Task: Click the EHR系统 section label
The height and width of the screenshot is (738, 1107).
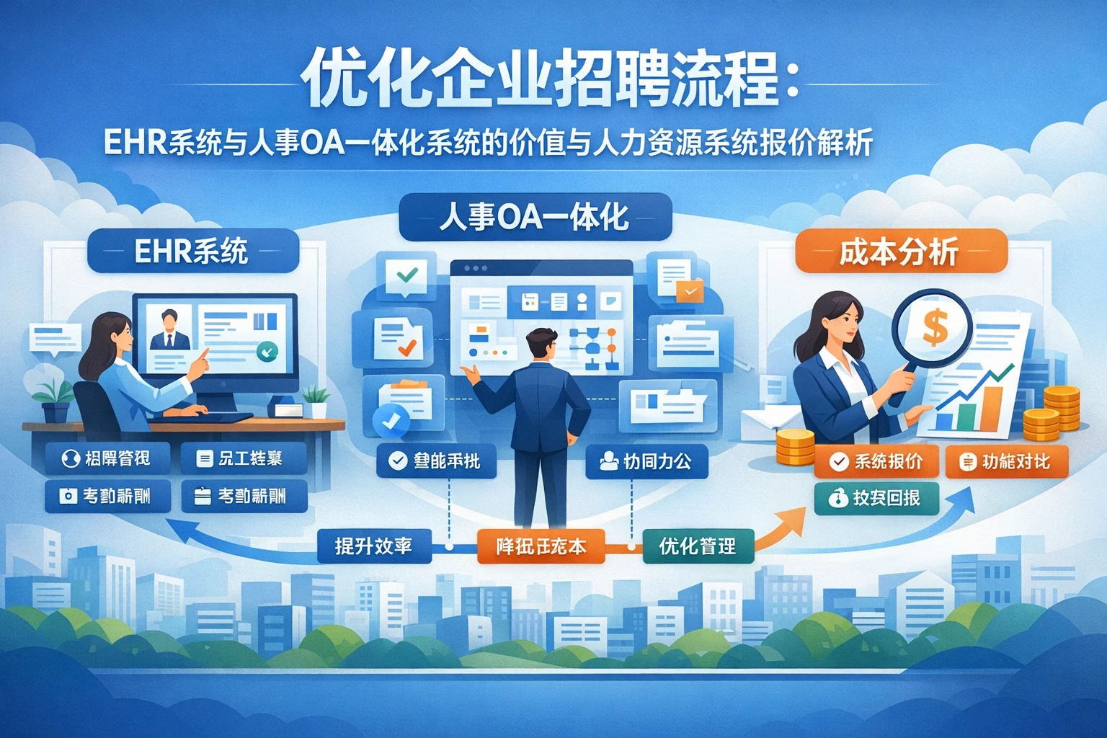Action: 192,251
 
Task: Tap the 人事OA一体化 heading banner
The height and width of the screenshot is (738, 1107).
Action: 535,216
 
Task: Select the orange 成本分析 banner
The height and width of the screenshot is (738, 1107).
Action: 900,252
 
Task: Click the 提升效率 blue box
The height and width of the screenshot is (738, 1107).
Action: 373,546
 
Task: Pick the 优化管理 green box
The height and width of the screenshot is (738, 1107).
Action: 697,546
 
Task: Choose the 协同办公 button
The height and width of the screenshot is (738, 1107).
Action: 646,461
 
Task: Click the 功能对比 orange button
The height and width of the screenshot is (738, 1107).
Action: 1006,461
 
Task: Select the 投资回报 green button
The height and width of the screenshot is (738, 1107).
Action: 876,498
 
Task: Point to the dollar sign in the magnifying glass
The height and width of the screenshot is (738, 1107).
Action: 935,326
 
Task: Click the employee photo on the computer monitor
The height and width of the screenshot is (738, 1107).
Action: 170,329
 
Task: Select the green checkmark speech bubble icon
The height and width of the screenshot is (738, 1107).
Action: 406,275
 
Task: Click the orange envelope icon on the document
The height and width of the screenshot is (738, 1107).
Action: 690,291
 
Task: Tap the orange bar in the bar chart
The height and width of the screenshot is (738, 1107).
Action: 992,408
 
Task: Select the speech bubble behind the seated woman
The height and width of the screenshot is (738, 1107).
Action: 55,337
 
